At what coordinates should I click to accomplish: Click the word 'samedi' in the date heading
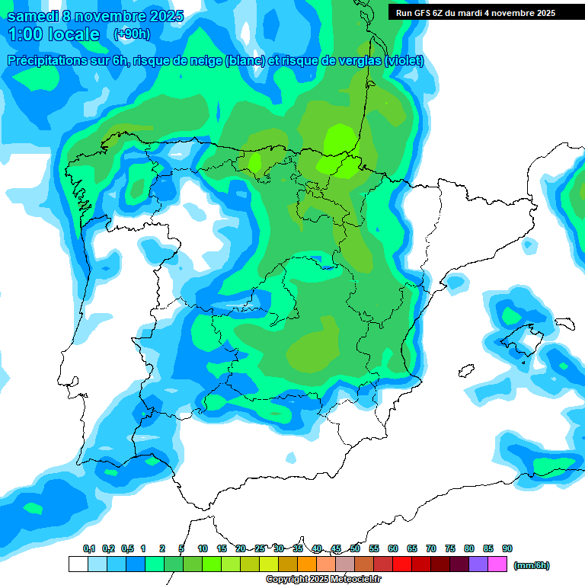[31, 16]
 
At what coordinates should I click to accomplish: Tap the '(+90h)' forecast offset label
[132, 34]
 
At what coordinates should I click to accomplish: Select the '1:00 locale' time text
[53, 34]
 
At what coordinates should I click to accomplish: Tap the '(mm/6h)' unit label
[532, 565]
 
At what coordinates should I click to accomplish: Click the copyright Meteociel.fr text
[324, 580]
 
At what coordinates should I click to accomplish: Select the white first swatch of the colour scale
[78, 564]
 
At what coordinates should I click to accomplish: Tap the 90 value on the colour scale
[507, 548]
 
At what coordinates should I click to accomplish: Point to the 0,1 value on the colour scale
[89, 548]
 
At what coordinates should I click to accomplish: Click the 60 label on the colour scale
[393, 548]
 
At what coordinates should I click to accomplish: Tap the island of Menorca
[564, 323]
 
